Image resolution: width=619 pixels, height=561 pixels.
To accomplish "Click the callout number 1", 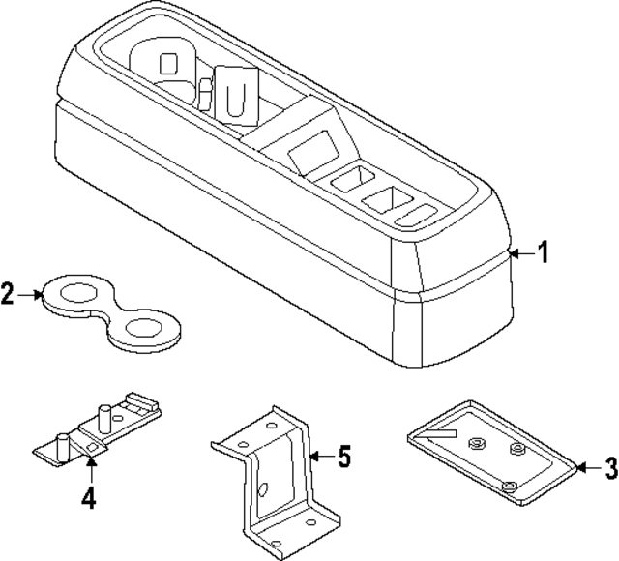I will pyautogui.click(x=544, y=253).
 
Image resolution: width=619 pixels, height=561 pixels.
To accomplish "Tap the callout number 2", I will pyautogui.click(x=9, y=293).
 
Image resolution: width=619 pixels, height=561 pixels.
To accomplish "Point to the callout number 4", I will pyautogui.click(x=89, y=500).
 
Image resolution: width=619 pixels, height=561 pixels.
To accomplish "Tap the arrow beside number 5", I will pyautogui.click(x=322, y=457).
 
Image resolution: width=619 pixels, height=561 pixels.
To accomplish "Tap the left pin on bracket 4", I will pyautogui.click(x=62, y=445).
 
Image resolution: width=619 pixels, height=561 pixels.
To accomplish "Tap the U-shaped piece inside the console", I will pyautogui.click(x=235, y=93).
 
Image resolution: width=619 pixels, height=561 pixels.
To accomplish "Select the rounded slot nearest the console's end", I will pyautogui.click(x=424, y=211).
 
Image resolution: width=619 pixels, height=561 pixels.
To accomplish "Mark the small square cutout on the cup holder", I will pyautogui.click(x=169, y=65).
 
